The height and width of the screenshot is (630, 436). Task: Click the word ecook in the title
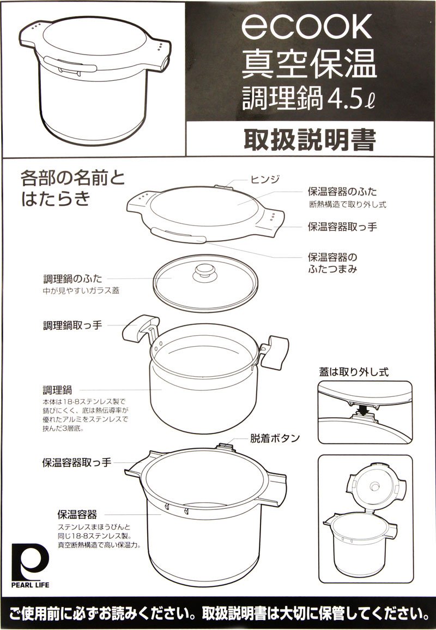306,27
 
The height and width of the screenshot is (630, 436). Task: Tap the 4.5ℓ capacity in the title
352,98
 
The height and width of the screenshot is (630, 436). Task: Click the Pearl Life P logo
30,561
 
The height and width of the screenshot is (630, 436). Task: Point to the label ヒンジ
265,179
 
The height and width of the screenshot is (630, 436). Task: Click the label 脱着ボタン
275,438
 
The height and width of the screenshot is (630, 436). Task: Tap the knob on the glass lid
205,272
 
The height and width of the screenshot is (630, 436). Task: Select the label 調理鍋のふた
73,278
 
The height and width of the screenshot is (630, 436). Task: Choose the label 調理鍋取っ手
72,325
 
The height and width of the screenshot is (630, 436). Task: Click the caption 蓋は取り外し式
354,372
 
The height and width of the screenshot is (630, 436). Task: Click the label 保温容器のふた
342,191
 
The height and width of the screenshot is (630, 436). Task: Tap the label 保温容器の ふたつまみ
332,263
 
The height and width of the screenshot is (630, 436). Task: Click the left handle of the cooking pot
140,328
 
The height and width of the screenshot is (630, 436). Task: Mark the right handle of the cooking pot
274,352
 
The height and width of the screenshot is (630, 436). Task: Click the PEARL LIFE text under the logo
30,585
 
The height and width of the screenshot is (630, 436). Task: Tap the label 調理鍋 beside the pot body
57,390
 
